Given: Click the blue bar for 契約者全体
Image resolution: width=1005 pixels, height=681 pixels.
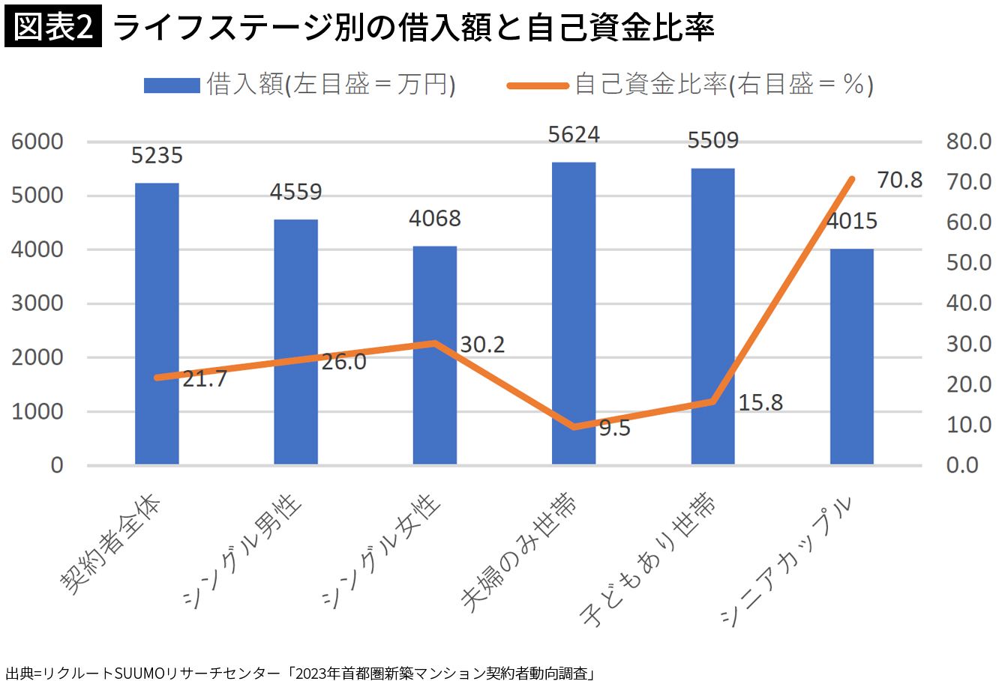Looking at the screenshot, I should [157, 324].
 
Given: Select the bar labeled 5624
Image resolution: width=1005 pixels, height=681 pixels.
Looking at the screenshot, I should [574, 313].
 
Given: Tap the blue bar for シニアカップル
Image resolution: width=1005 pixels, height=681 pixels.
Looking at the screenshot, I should [851, 357].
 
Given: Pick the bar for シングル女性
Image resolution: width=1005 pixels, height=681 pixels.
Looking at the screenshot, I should [435, 355].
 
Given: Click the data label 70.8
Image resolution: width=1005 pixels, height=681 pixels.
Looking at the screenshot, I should [899, 181].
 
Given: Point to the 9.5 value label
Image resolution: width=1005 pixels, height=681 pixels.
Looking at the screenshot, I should [614, 429].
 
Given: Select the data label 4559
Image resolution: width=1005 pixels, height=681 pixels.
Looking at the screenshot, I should [295, 192].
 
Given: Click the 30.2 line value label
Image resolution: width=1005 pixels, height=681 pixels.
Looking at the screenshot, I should [482, 345].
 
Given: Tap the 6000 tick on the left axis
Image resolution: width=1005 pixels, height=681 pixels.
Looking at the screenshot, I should [37, 142].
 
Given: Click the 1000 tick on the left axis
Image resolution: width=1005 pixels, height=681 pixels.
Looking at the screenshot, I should [37, 411].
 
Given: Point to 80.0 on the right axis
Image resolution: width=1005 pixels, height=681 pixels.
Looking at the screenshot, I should [968, 142].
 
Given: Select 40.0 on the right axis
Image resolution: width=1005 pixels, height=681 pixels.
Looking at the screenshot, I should [968, 303].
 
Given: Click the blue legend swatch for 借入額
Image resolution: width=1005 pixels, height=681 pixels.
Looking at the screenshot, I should [172, 85].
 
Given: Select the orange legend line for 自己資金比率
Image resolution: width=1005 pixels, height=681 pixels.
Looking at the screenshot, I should [537, 85].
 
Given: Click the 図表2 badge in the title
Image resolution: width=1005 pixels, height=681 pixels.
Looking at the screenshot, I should [52, 28].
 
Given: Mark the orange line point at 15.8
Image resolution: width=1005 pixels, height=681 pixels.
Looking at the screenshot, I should [712, 402].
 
